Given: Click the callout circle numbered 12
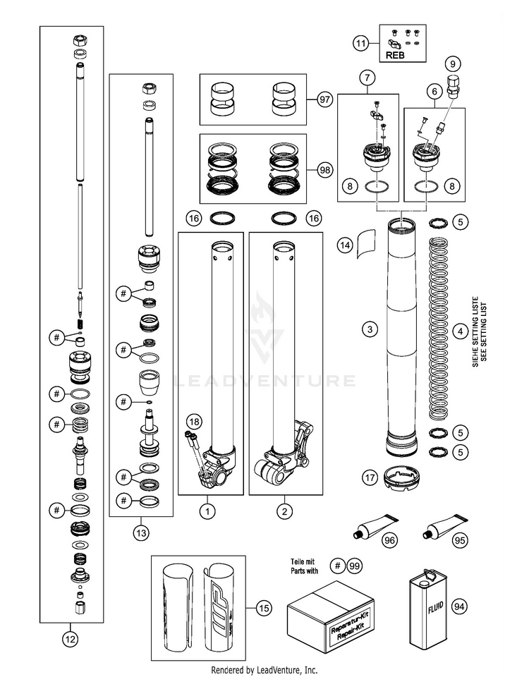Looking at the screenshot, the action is point(71,639).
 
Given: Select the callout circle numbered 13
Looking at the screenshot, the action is point(141,533).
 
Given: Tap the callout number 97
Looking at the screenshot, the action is point(324,99).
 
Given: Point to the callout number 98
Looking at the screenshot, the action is point(324,170).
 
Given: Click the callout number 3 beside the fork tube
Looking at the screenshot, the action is point(370,329).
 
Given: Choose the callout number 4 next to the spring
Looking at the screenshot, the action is point(461,331).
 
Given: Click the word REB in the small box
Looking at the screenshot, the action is point(395,55).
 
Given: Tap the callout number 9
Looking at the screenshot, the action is point(453,64).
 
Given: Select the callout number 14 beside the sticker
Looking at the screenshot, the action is point(345,245).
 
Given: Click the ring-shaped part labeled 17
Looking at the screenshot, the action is point(401,477).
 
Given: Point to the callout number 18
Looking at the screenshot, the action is point(195,422).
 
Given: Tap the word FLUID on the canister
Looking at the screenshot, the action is point(435,607).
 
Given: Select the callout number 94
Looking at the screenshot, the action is point(459,606).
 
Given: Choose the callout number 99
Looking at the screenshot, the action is point(354,566).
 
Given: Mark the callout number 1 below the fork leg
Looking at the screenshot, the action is point(207,512).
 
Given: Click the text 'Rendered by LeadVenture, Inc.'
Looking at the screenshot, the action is point(264,670).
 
